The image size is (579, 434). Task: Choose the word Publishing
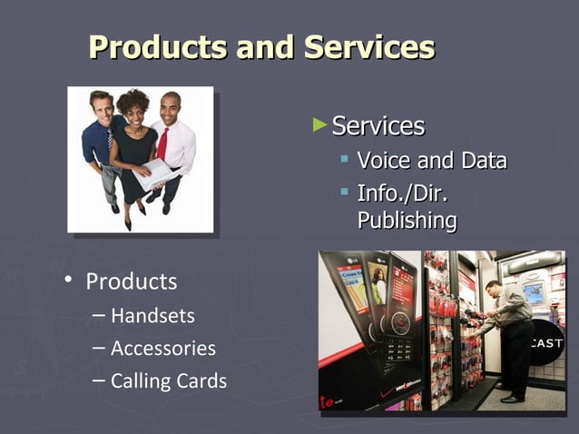[407, 220]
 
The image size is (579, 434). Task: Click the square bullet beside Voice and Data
[345, 161]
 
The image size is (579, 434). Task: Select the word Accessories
[163, 349]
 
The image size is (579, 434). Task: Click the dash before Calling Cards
[98, 380]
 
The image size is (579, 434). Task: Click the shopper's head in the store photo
[492, 288]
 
